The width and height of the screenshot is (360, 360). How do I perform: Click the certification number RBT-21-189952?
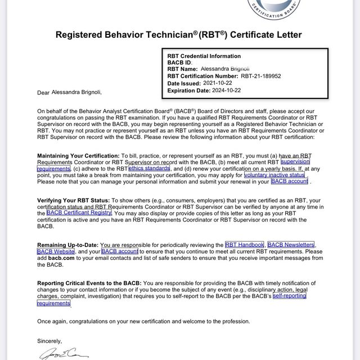[x=261, y=75]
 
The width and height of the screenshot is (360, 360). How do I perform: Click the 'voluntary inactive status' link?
[x=274, y=175]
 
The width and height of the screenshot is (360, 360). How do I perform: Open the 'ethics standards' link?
[x=149, y=168]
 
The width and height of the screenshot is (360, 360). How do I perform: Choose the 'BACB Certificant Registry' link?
[x=79, y=213]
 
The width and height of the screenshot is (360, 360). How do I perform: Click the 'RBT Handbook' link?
[x=244, y=245]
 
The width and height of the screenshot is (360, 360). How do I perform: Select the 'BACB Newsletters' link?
[x=291, y=245]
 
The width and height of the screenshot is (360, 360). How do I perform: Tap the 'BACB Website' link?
[x=56, y=251]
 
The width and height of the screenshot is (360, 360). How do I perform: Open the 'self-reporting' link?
[x=289, y=296]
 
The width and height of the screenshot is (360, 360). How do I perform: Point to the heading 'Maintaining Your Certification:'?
[x=78, y=155]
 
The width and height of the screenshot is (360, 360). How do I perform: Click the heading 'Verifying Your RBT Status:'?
[x=74, y=200]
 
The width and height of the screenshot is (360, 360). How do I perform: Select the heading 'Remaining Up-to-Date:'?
[x=67, y=245]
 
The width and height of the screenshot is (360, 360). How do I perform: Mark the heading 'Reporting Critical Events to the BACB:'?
[x=89, y=283]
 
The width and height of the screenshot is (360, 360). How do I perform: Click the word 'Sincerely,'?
[x=49, y=341]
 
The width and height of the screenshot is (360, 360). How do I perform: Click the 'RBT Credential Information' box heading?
[x=204, y=56]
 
